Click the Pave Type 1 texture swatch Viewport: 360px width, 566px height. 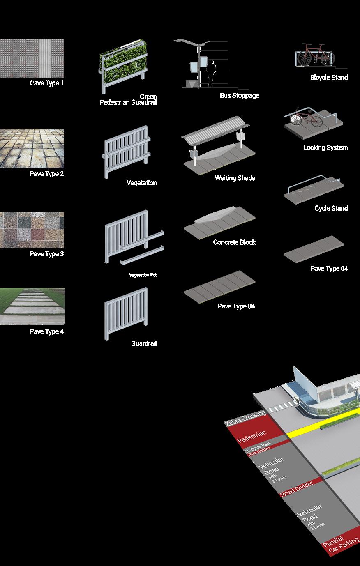32,58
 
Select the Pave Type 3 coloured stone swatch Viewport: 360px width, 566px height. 32,230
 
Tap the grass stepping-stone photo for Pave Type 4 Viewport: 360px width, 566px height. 32,306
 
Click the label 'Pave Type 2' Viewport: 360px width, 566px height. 46,174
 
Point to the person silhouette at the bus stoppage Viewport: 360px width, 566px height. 211,73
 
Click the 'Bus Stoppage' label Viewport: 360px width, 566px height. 239,95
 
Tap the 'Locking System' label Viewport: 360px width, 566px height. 325,147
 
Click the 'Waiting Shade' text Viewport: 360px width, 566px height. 235,178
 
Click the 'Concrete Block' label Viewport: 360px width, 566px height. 234,242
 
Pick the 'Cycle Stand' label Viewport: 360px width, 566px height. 331,208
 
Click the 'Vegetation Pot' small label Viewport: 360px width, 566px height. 143,275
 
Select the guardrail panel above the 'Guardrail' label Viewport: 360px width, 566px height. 126,312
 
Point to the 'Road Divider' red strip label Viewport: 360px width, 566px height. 296,488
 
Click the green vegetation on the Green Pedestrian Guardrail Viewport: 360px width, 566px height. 123,62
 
